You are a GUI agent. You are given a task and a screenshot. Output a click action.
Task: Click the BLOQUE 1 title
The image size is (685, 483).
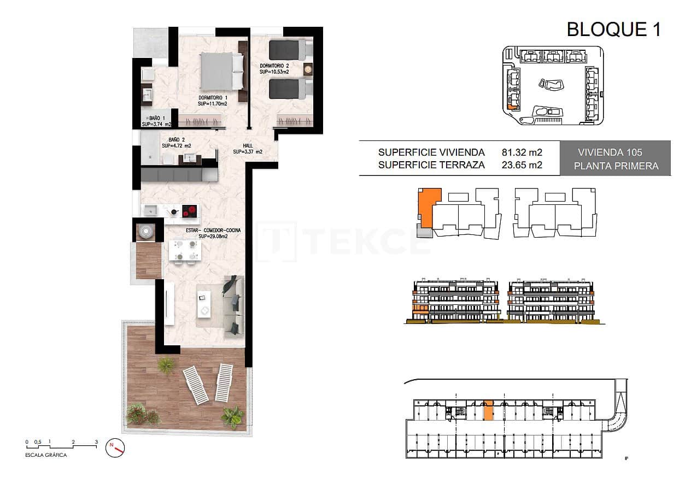click(x=613, y=28)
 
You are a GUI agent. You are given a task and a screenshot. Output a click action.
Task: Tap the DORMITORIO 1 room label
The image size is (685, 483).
click(x=213, y=100)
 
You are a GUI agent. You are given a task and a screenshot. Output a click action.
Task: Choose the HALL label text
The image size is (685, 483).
click(x=247, y=149)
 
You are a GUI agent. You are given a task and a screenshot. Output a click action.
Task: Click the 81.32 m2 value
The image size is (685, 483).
click(x=522, y=152)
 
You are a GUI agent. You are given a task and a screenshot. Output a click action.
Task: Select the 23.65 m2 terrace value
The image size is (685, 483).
click(x=522, y=165)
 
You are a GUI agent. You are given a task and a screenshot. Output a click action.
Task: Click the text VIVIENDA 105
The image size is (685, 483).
click(x=610, y=152)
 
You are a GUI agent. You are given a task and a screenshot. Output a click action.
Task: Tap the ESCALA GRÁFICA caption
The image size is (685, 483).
click(x=46, y=455)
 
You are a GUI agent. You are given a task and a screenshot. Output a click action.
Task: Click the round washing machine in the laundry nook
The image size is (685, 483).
click(x=147, y=232)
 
